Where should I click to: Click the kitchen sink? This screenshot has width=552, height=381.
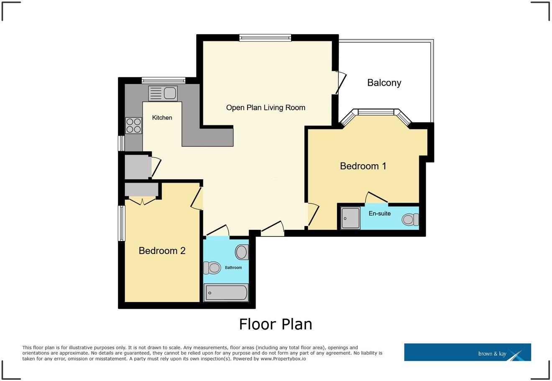tap(163, 93)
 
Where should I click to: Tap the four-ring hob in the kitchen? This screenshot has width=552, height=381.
tap(133, 125)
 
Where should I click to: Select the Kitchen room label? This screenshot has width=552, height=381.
tap(162, 118)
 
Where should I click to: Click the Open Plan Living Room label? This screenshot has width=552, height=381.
tap(266, 108)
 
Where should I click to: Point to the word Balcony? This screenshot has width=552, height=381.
tap(384, 83)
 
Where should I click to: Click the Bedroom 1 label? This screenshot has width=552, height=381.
tap(363, 166)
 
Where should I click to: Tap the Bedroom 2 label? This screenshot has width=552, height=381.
tap(162, 251)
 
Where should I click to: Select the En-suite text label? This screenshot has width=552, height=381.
tap(379, 213)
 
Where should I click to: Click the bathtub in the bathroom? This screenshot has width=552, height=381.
tap(226, 292)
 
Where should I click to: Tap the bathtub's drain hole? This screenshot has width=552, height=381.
tap(210, 293)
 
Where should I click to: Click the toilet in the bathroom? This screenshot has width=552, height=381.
tap(212, 267)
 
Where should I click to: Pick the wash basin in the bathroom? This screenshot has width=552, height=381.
tap(241, 252)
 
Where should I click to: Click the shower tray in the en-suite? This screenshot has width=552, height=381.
tap(350, 218)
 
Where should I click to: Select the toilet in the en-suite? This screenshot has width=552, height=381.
tap(410, 219)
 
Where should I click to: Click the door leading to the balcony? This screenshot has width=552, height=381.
tap(340, 83)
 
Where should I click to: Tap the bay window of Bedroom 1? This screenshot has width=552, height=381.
tap(376, 112)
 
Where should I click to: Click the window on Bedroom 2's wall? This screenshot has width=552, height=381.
tap(122, 223)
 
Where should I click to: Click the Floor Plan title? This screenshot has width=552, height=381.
tap(276, 324)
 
